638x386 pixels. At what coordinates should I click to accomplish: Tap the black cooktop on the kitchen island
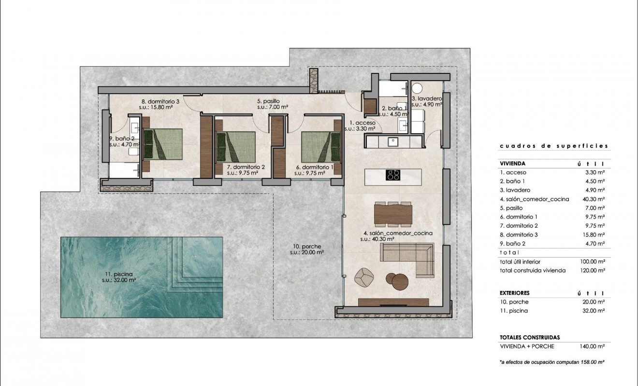(x=392, y=175)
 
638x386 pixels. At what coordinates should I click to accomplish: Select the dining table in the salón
(x=393, y=214)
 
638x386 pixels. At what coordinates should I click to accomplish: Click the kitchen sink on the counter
(x=393, y=142)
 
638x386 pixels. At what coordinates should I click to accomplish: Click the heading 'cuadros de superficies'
(x=553, y=146)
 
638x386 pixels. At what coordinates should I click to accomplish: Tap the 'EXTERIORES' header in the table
(x=515, y=293)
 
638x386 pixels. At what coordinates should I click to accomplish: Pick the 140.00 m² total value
(x=593, y=346)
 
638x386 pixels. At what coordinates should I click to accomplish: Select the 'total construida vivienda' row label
(x=533, y=271)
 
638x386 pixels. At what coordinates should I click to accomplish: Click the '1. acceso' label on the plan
(x=360, y=123)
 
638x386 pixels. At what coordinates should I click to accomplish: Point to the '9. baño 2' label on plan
(x=121, y=138)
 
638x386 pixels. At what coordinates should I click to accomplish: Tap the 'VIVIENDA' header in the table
(x=512, y=164)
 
